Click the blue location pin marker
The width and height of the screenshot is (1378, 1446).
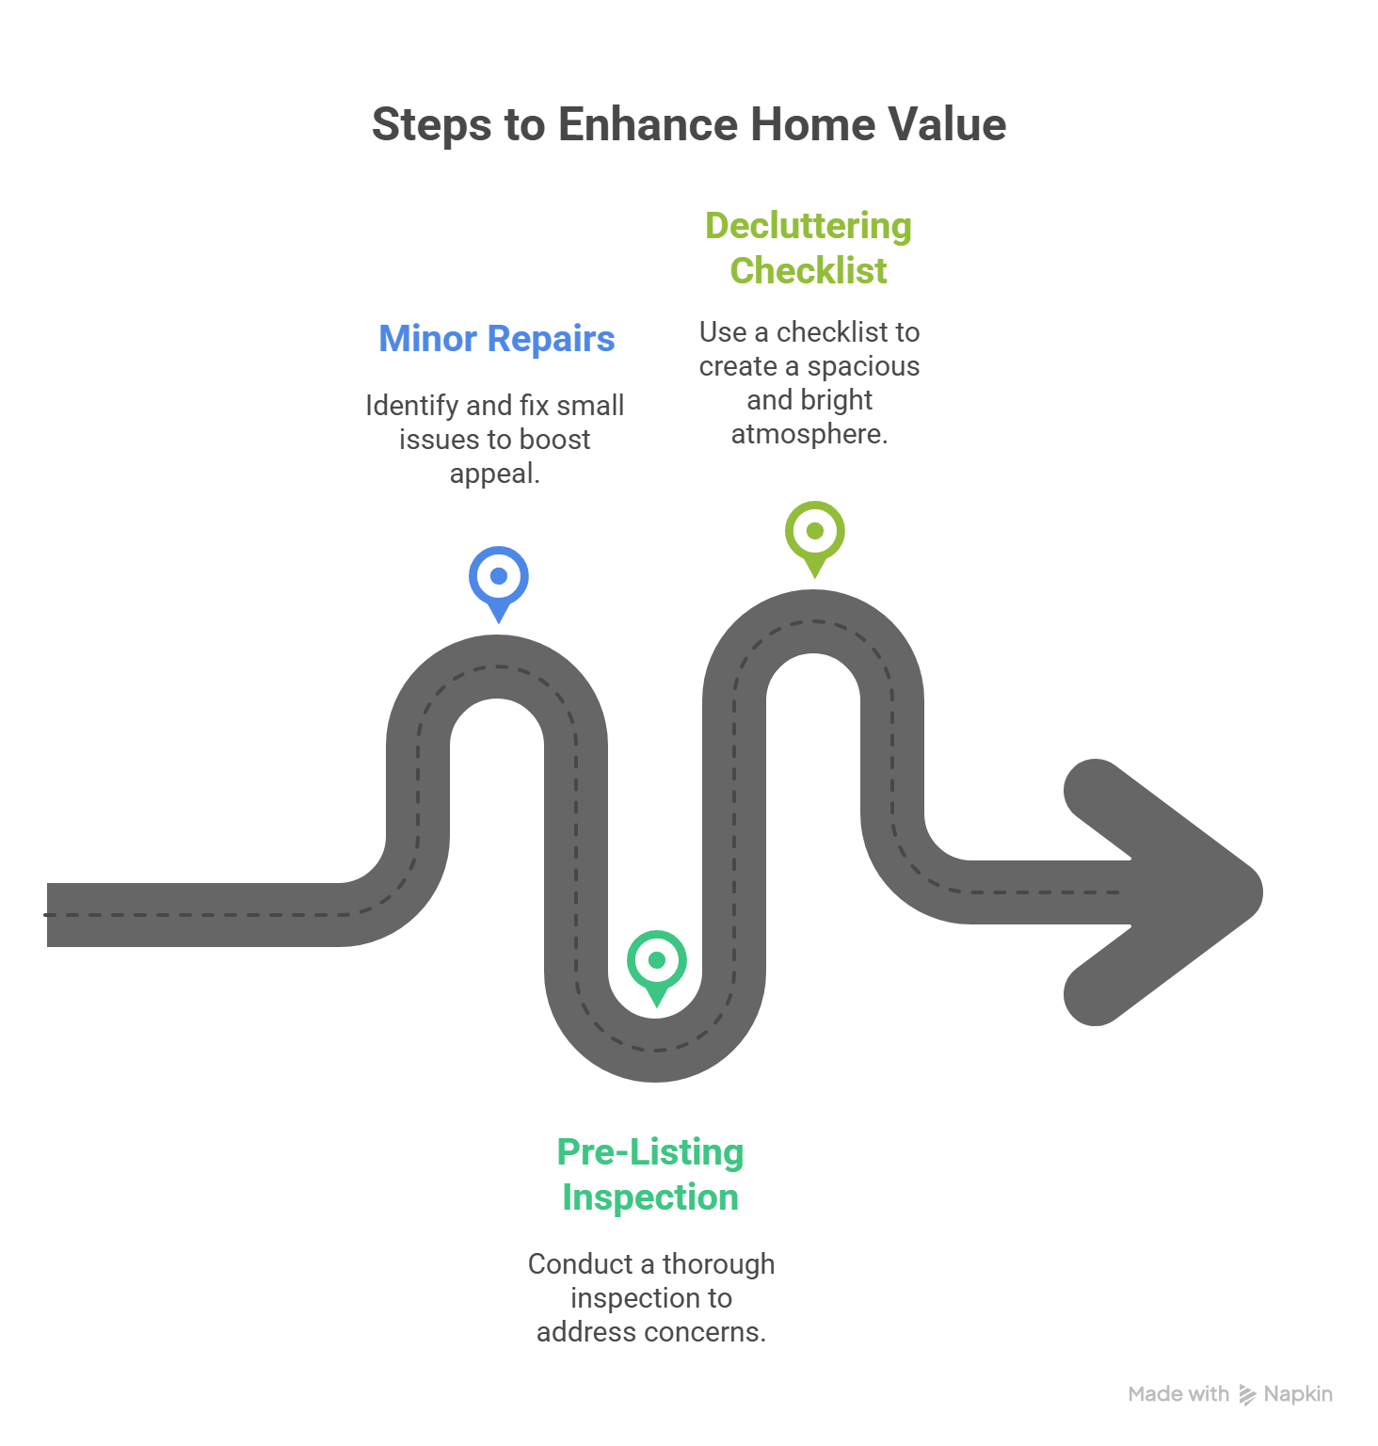(x=499, y=577)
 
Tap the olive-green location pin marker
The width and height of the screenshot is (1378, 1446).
(x=815, y=532)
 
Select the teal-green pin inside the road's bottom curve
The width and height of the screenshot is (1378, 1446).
(x=657, y=961)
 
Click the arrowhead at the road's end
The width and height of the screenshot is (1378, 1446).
(x=1167, y=892)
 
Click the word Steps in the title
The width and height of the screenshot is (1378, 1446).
(x=431, y=125)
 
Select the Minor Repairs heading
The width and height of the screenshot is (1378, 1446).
(x=497, y=339)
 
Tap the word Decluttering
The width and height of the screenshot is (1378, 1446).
(x=809, y=226)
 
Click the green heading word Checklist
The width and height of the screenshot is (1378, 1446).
(x=809, y=271)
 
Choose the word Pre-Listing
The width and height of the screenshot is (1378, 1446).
(x=650, y=1152)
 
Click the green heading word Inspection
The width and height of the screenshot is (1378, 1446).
(x=650, y=1197)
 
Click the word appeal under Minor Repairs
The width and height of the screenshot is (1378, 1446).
(x=493, y=474)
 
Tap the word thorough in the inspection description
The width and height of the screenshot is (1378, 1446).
(x=719, y=1264)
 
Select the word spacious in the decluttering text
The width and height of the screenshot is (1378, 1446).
(x=863, y=366)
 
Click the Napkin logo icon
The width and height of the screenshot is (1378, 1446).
(x=1247, y=1394)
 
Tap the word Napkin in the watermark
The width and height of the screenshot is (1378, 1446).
(x=1298, y=1394)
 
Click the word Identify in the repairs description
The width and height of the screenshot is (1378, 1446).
(x=411, y=406)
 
